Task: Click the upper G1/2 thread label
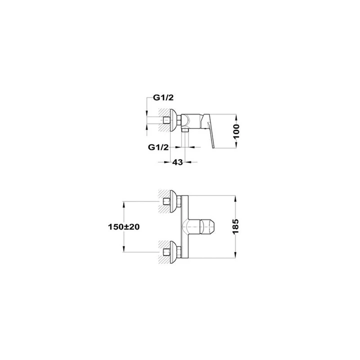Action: pyautogui.click(x=163, y=97)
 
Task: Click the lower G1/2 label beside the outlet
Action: pyautogui.click(x=158, y=147)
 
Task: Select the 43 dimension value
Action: pyautogui.click(x=177, y=162)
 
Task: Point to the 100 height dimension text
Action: pyautogui.click(x=236, y=131)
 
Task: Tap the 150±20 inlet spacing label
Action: pyautogui.click(x=124, y=227)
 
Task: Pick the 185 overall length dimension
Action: pyautogui.click(x=236, y=226)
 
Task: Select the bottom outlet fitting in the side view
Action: pyautogui.click(x=185, y=130)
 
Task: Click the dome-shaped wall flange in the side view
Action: pyautogui.click(x=173, y=120)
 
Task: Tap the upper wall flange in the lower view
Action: pyautogui.click(x=173, y=201)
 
